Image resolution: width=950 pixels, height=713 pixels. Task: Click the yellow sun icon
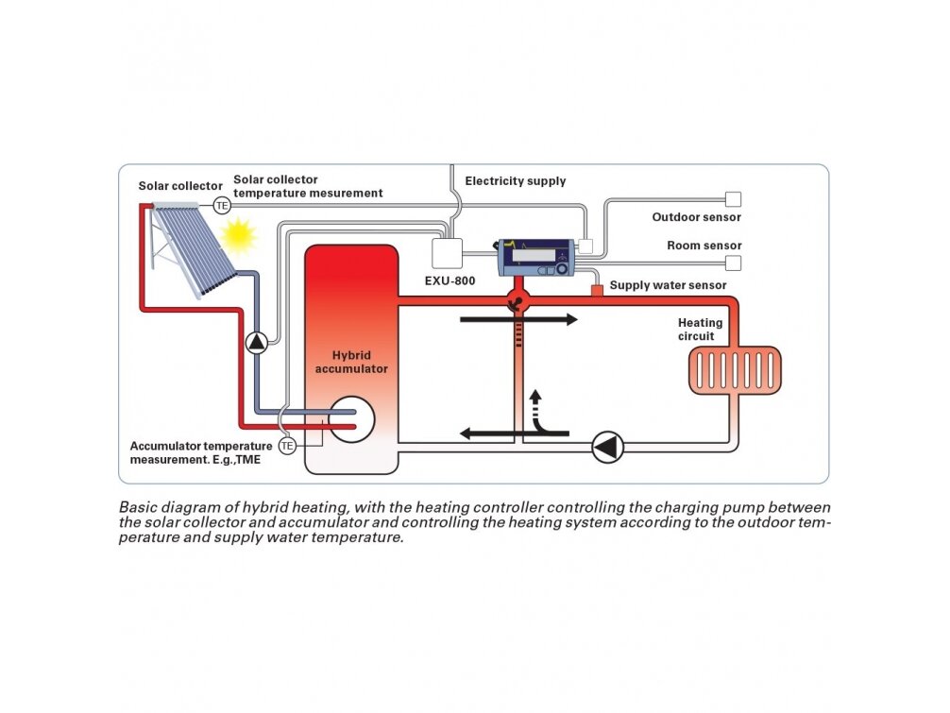(238, 235)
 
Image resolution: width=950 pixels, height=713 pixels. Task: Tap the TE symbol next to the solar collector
(222, 205)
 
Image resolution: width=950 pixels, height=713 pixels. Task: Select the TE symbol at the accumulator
(287, 446)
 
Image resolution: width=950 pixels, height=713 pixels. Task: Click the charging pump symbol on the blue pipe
(257, 342)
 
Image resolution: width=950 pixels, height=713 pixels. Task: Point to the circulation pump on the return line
(607, 448)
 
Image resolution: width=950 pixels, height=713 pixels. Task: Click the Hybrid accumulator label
(351, 362)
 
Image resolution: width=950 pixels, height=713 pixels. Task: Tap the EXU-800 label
(450, 281)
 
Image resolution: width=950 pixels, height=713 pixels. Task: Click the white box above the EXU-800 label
(447, 253)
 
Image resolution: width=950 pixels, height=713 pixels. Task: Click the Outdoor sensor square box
(733, 199)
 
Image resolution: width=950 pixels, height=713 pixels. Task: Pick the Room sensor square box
(733, 263)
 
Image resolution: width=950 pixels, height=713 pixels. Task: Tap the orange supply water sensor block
(597, 290)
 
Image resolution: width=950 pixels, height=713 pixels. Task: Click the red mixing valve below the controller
(518, 300)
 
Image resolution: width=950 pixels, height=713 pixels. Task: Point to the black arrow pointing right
(518, 319)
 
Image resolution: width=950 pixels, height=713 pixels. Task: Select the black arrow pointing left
(515, 433)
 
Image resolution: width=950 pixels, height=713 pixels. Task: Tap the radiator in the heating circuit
(735, 370)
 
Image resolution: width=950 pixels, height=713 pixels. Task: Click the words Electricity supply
(515, 180)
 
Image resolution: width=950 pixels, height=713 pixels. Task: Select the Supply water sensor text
(668, 285)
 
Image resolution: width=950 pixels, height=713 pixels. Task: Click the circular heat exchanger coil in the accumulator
(351, 419)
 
